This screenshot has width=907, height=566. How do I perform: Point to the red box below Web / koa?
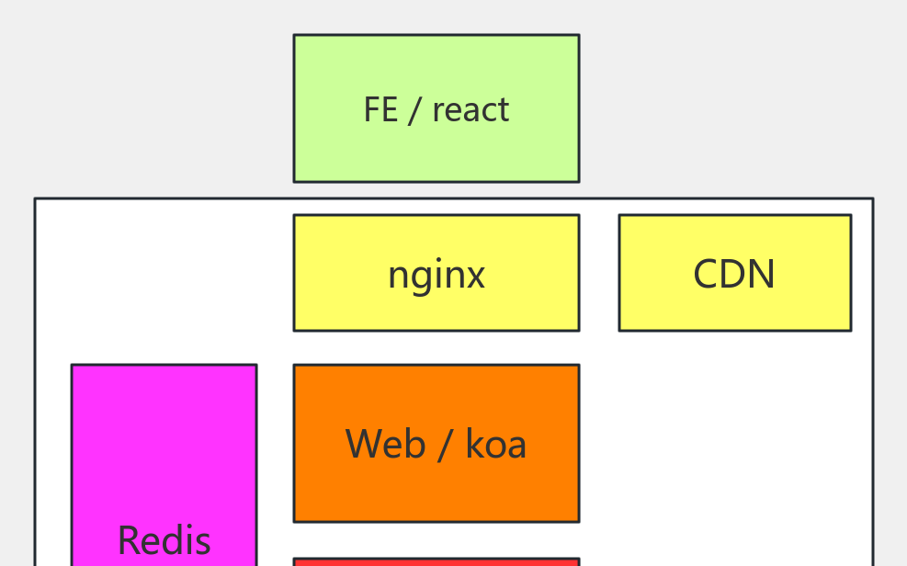(x=436, y=561)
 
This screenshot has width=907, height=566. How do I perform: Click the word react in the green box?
(x=471, y=110)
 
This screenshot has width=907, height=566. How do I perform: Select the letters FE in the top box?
(x=380, y=110)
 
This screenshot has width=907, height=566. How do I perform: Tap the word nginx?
(x=436, y=275)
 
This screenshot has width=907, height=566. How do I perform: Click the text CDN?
(x=734, y=274)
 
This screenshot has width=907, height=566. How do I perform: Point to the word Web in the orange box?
(x=386, y=445)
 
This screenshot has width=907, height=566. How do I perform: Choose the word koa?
(x=496, y=445)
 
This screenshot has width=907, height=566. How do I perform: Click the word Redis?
(x=164, y=540)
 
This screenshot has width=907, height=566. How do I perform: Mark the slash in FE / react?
(x=414, y=110)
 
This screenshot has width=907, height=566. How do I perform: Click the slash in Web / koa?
(x=445, y=445)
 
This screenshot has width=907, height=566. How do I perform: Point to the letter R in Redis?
(x=129, y=540)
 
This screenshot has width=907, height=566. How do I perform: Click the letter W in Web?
(x=365, y=445)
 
